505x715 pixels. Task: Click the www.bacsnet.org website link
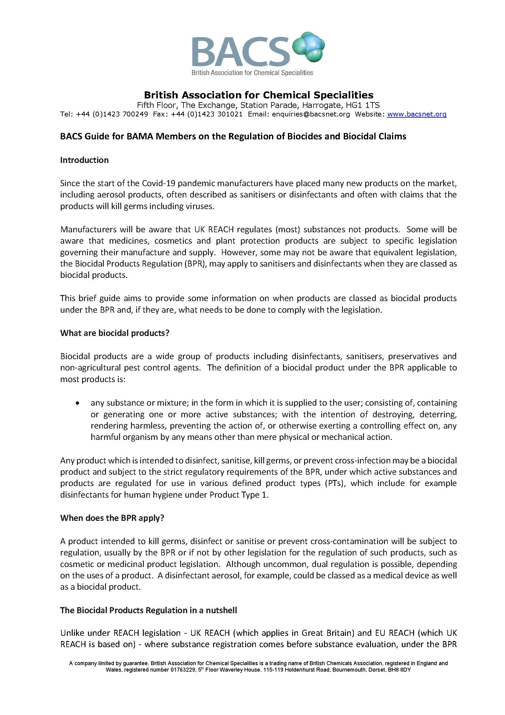pyautogui.click(x=417, y=114)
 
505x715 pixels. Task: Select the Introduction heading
pyautogui.click(x=84, y=160)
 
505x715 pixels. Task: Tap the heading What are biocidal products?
pyautogui.click(x=115, y=333)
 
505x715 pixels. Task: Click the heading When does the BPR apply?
pyautogui.click(x=112, y=518)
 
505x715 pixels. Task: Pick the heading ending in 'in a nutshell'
pyautogui.click(x=148, y=610)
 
